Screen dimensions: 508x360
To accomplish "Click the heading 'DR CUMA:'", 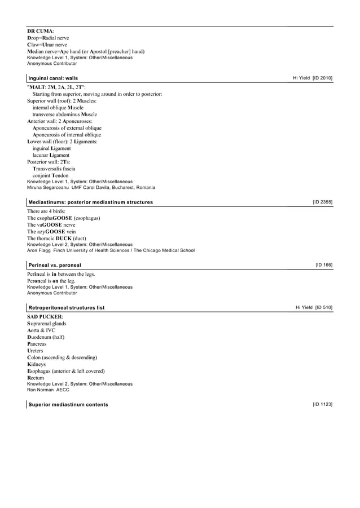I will click(x=41, y=31).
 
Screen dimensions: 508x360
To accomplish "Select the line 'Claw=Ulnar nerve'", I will click(x=47, y=45).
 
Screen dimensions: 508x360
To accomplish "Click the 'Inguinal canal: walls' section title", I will click(x=54, y=78).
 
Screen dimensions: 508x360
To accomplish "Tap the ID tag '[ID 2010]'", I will click(x=322, y=77).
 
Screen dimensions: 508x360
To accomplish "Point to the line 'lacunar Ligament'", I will click(x=51, y=155).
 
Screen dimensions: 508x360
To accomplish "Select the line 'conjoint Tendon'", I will click(x=50, y=175).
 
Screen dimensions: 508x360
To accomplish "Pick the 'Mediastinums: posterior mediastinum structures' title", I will click(x=90, y=202).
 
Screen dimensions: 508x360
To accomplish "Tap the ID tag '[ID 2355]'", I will click(x=322, y=202).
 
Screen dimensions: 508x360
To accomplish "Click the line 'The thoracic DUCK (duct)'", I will click(x=56, y=238).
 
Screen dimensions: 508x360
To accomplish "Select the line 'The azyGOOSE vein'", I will click(x=51, y=232).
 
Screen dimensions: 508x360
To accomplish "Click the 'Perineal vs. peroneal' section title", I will click(x=55, y=265).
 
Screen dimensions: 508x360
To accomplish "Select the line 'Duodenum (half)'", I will click(x=47, y=337).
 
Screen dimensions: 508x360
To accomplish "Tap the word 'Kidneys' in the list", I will click(x=37, y=365).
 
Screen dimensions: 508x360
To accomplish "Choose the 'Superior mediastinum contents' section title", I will click(x=68, y=405).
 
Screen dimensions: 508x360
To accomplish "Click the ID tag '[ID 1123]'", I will click(x=322, y=405).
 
